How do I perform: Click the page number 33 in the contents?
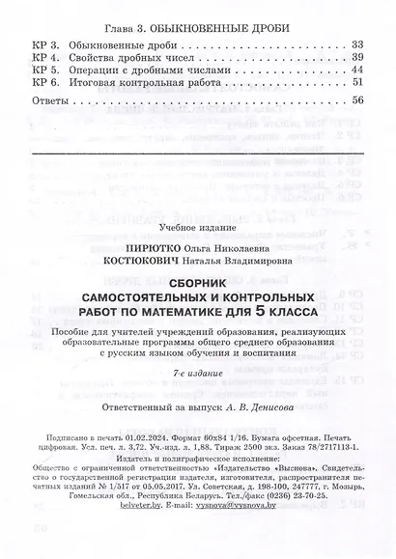pos(358,44)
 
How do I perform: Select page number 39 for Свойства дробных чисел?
pos(358,57)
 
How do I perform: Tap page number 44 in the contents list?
pos(358,70)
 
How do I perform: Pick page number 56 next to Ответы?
pos(358,100)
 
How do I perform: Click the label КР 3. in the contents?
pos(45,44)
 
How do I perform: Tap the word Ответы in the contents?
pos(49,100)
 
